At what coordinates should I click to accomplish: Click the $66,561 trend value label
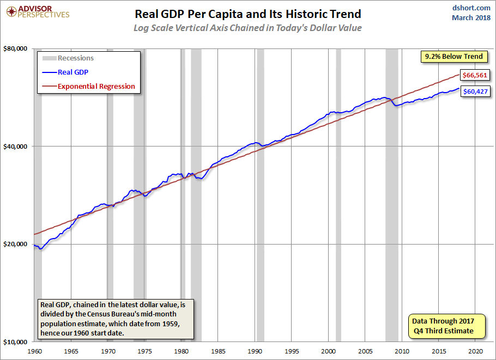point(474,75)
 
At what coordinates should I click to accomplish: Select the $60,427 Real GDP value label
point(474,91)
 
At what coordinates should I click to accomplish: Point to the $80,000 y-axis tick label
point(15,48)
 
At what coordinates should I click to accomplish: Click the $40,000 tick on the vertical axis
point(15,146)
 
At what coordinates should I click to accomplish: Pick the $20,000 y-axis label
point(15,244)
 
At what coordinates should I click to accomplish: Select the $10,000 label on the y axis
point(15,342)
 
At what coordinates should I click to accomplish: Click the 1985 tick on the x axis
point(218,351)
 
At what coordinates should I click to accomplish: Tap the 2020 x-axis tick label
point(476,351)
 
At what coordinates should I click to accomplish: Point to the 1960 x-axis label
point(34,351)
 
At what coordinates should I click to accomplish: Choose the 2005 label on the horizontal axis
point(365,351)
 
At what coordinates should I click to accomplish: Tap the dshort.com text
point(471,8)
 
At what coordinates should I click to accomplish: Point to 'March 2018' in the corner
point(471,18)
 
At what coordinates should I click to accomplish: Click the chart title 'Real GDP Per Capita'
point(247,14)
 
